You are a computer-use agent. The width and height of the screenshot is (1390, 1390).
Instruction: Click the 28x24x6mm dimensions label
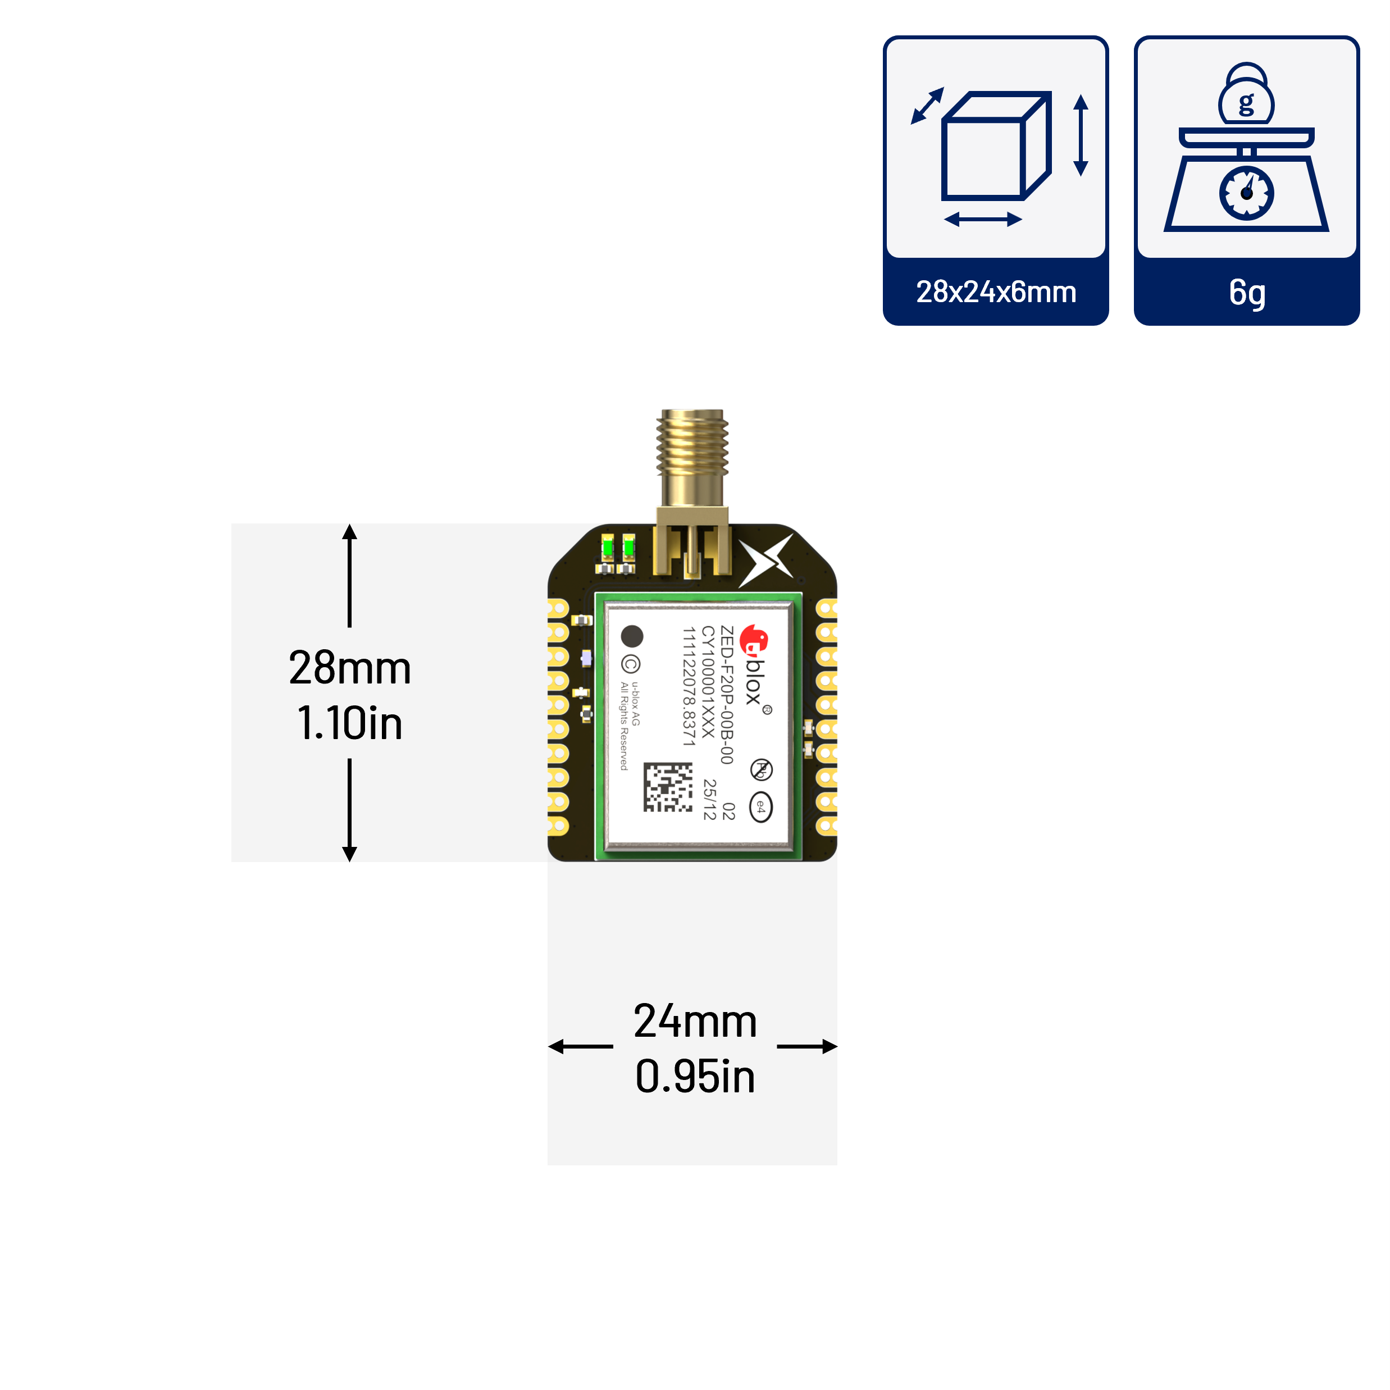996,292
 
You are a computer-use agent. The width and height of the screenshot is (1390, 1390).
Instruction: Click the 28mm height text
350,668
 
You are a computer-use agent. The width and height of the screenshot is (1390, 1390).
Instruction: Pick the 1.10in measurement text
350,723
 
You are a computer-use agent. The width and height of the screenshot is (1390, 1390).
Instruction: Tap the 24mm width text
695,1021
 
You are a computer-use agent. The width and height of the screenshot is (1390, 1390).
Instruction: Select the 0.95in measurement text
695,1077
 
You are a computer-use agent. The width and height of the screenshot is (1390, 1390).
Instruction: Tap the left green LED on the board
607,549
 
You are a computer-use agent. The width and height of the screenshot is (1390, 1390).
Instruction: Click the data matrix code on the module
668,787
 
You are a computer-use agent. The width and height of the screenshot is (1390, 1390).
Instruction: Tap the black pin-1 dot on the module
632,636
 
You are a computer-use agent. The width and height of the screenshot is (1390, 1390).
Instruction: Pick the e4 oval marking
760,807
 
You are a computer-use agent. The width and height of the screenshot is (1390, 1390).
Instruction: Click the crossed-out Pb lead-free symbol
760,769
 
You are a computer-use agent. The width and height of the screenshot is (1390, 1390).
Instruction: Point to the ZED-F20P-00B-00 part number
727,695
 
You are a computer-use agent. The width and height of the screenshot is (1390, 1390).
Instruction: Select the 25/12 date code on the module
709,799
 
